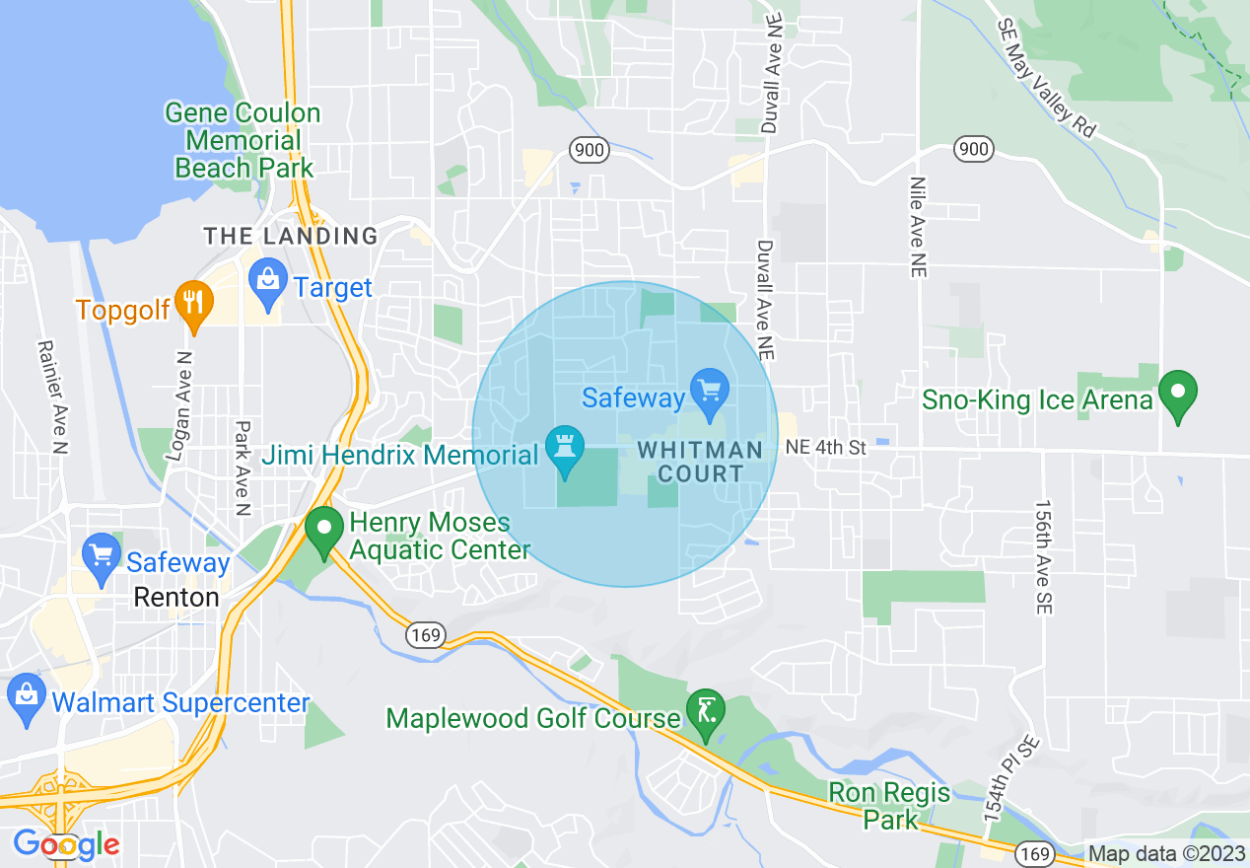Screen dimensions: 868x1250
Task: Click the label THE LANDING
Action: (x=291, y=236)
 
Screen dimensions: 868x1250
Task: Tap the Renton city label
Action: (x=177, y=598)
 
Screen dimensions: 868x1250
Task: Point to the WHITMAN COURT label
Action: (x=700, y=462)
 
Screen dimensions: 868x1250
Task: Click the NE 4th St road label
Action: (x=826, y=448)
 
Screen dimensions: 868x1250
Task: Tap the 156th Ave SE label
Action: (x=1044, y=557)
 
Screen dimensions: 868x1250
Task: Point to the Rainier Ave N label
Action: (x=52, y=397)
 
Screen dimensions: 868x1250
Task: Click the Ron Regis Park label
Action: (x=889, y=805)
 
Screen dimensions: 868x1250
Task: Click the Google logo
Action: (x=66, y=844)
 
